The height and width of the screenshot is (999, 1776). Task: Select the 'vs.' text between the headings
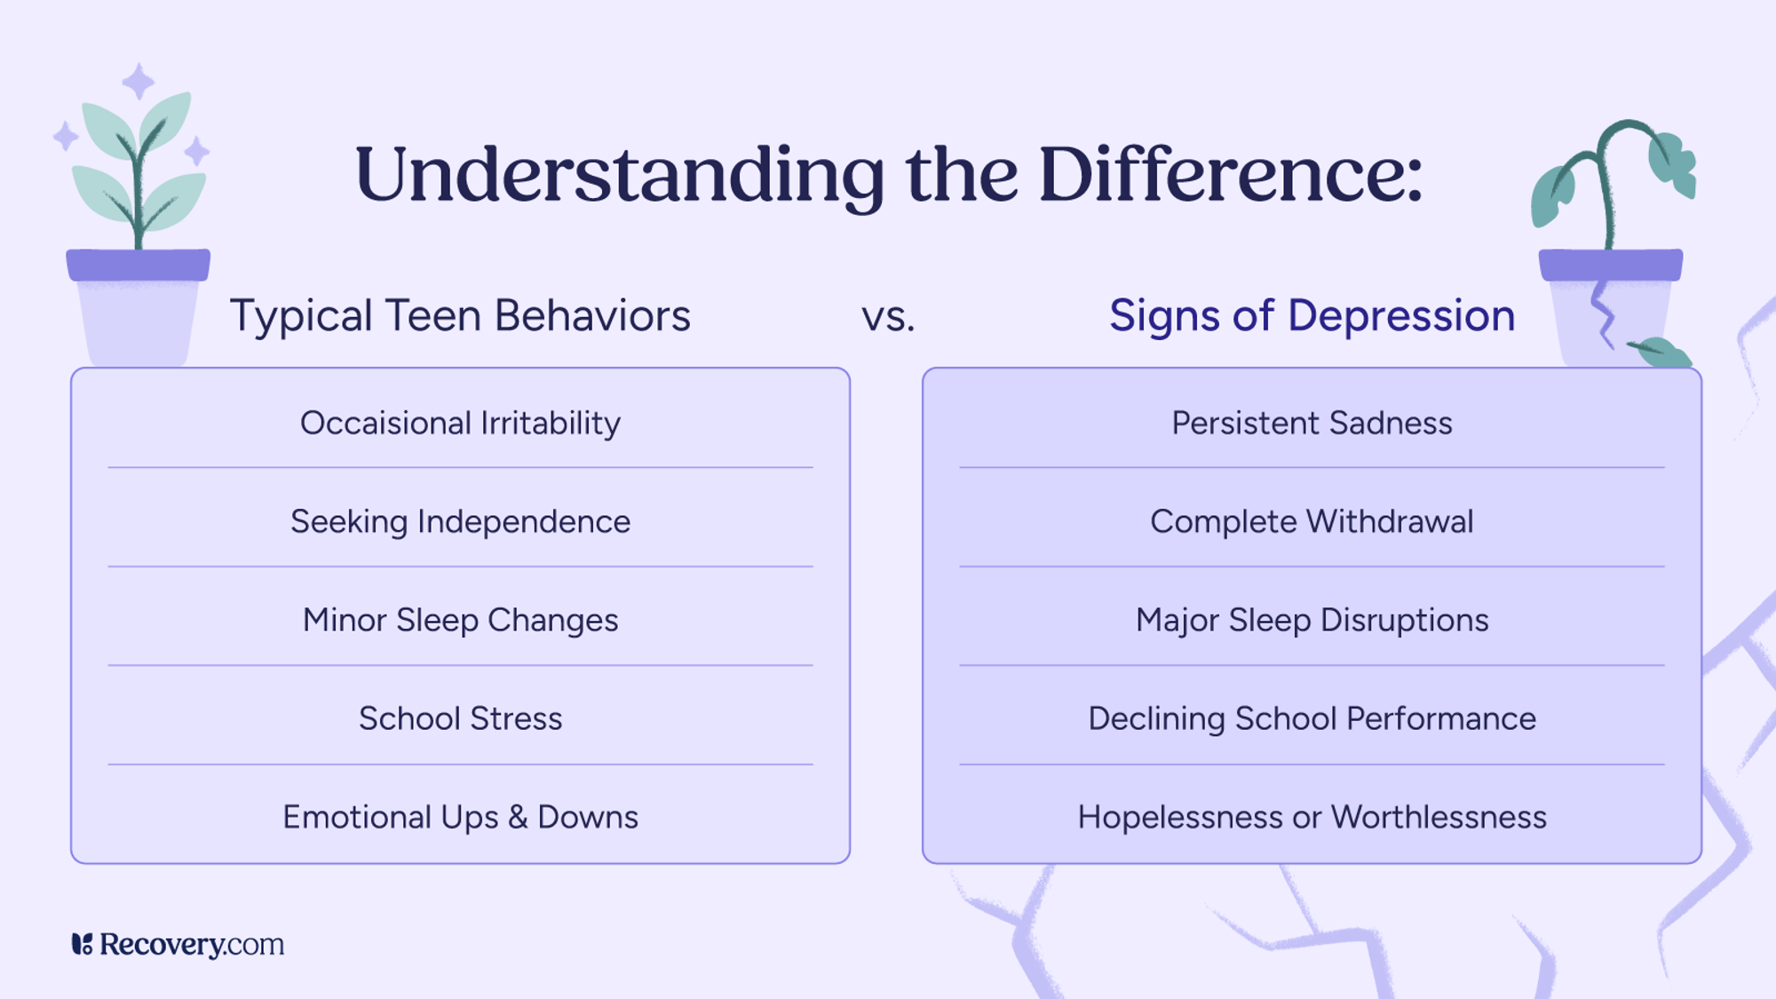tap(888, 317)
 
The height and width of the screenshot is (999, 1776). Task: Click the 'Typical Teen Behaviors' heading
tap(460, 316)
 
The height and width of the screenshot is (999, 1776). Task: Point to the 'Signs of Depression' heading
tap(1312, 316)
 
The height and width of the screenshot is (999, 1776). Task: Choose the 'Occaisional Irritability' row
tap(460, 424)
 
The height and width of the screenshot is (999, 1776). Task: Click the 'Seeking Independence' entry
tap(460, 522)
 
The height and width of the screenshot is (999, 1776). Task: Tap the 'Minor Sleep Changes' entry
tap(460, 621)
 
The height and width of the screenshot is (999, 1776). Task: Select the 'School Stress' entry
tap(460, 718)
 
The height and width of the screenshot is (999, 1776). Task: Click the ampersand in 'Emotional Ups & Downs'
tap(518, 818)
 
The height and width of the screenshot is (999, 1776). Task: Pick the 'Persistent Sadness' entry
tap(1312, 424)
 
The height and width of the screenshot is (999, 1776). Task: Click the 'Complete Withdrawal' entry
tap(1312, 522)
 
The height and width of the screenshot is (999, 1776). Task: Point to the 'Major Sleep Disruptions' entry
tap(1312, 621)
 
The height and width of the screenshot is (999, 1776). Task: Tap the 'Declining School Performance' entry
tap(1312, 718)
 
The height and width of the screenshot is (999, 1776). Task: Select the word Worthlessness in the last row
tap(1439, 818)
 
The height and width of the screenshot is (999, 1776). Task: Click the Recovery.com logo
tap(178, 944)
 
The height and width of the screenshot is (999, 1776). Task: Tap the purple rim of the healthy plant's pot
tap(139, 265)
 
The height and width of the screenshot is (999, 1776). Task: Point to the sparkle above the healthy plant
tap(138, 82)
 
